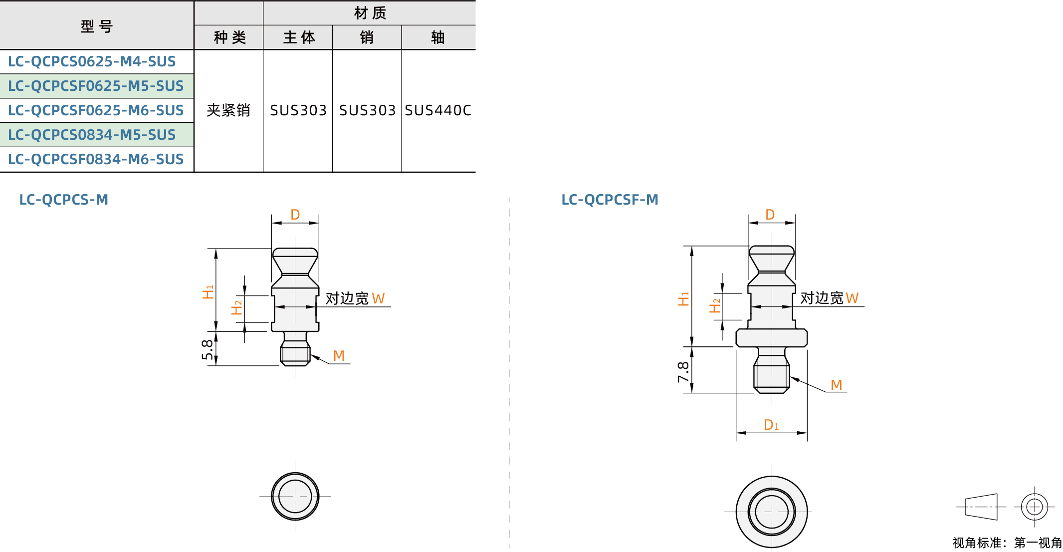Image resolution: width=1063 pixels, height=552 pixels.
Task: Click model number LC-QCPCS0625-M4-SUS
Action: coord(92,61)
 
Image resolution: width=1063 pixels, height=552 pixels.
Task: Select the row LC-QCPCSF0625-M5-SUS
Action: coord(96,86)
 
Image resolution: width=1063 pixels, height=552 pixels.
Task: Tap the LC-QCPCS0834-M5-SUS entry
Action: coord(92,135)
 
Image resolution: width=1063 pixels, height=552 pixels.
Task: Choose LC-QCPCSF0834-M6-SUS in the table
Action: coord(96,159)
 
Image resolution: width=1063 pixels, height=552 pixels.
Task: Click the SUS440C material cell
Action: coord(438,110)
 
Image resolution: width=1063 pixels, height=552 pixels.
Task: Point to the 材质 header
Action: coord(370,13)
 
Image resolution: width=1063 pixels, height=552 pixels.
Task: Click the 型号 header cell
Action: coord(97,26)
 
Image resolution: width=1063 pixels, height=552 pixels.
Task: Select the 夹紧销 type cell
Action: coord(228,110)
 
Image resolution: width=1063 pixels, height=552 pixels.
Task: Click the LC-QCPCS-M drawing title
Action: coord(64,200)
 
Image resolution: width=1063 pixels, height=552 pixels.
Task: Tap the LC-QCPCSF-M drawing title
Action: coord(610,200)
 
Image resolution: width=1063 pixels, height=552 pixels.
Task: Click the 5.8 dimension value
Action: coord(208,349)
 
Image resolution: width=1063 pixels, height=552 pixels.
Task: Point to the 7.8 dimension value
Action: coord(683,372)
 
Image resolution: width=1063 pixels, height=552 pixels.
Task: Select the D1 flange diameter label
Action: coord(771,425)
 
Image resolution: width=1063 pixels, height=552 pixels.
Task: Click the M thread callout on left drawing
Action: coord(339,356)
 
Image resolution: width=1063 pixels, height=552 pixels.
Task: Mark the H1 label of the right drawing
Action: coord(683,299)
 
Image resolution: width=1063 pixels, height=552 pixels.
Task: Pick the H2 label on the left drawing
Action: coord(236,307)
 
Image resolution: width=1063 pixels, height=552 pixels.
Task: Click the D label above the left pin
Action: coord(295,215)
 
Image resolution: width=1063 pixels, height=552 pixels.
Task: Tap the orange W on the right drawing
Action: coord(852,298)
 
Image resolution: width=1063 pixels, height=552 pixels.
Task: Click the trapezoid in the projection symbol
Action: coord(981,507)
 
